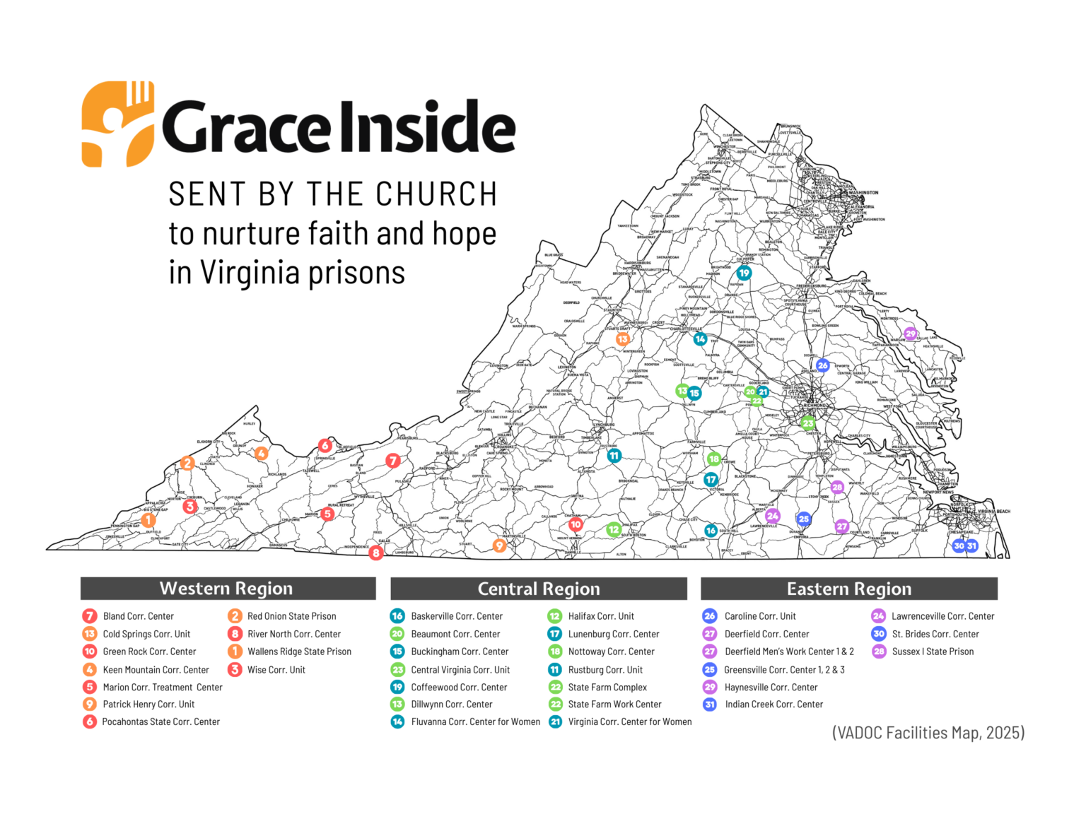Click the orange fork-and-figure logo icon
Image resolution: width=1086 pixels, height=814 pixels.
[117, 124]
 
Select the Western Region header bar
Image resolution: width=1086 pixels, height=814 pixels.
[228, 589]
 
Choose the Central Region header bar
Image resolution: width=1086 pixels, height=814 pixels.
[538, 589]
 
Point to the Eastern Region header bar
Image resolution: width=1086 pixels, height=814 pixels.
[848, 589]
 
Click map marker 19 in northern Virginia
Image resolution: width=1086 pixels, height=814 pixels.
[744, 273]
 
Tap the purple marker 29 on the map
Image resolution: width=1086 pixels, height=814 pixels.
[911, 334]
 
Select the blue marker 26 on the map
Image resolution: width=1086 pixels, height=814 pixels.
[822, 365]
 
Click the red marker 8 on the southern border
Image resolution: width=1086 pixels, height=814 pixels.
[376, 553]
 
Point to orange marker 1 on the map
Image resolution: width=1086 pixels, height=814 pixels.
[148, 520]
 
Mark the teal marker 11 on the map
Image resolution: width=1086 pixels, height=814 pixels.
[614, 456]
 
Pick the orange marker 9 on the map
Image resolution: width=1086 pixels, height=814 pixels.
[500, 545]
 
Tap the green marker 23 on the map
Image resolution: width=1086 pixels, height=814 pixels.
[808, 424]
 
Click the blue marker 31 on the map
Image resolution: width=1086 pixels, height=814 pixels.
[972, 545]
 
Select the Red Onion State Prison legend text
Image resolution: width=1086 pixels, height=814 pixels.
[291, 616]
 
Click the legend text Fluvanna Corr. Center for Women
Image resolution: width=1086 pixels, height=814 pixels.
[475, 721]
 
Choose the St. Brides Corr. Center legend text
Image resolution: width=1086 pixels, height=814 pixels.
[935, 634]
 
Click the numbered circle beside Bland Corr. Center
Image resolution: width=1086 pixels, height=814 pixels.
[90, 616]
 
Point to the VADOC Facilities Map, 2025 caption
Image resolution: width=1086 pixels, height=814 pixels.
[928, 733]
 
